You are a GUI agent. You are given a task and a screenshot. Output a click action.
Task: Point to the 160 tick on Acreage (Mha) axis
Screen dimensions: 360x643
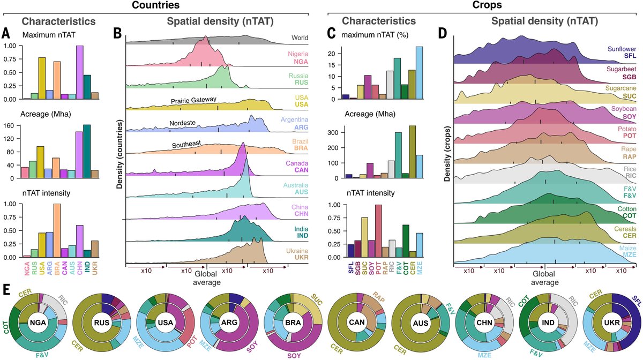tap(10, 126)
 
